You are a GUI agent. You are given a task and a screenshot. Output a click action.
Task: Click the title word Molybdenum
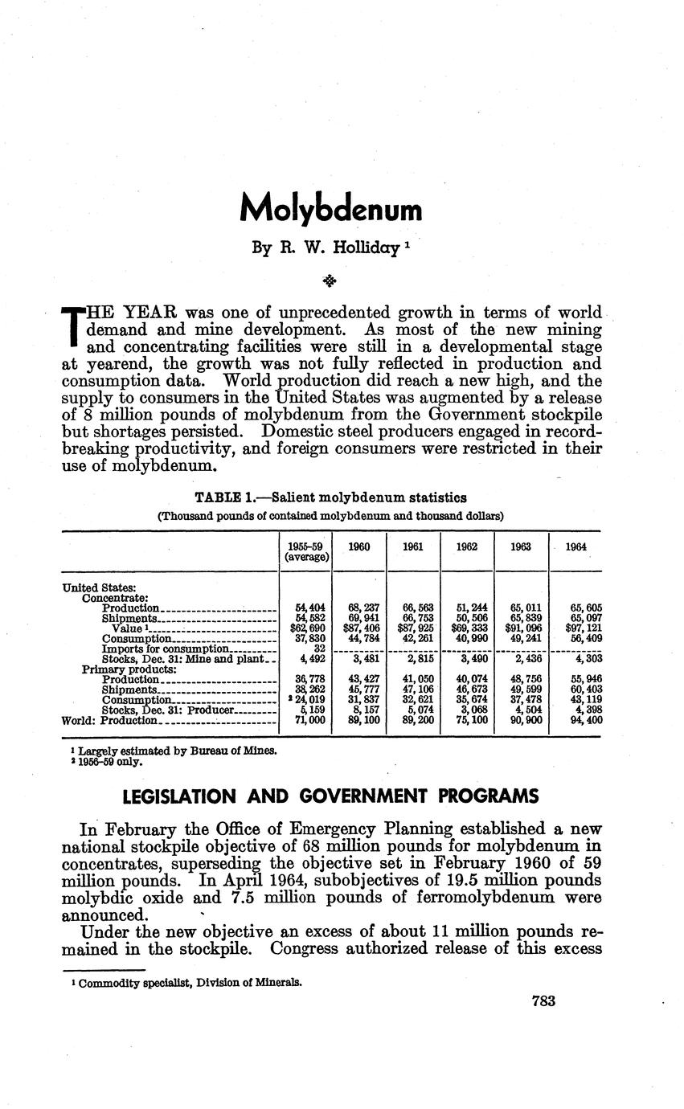[x=330, y=209]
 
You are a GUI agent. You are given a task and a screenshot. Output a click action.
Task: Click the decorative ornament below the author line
[x=329, y=280]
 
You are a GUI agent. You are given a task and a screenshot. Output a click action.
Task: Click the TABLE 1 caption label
[x=231, y=498]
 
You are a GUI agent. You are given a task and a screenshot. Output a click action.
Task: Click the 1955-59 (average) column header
[x=306, y=551]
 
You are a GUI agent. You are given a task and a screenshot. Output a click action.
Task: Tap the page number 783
[x=544, y=1001]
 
